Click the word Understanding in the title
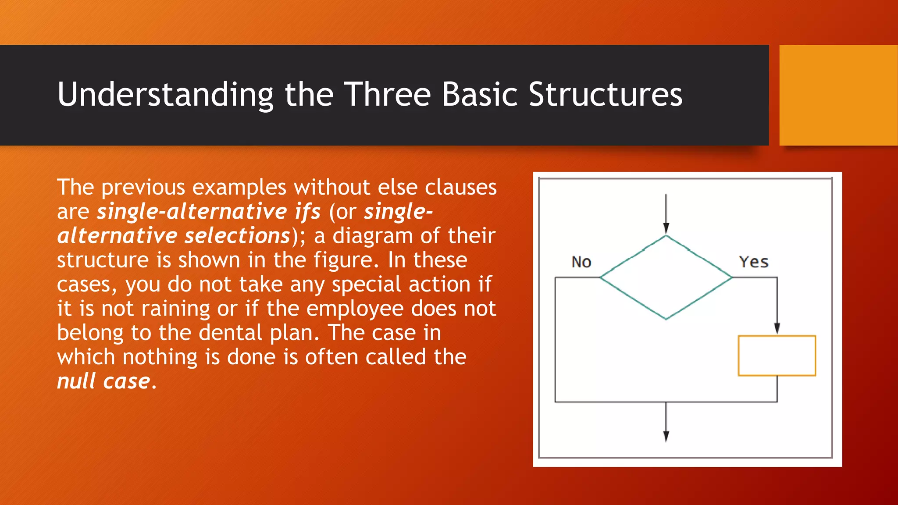165,95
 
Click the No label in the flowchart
581,262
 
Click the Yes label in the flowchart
754,262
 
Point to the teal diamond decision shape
666,277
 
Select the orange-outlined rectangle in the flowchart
777,356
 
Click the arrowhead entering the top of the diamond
666,228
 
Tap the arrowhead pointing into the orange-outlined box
777,328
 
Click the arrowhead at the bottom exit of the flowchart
666,436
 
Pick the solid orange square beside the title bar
838,95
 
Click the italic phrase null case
104,381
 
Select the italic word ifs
307,212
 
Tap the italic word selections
237,236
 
